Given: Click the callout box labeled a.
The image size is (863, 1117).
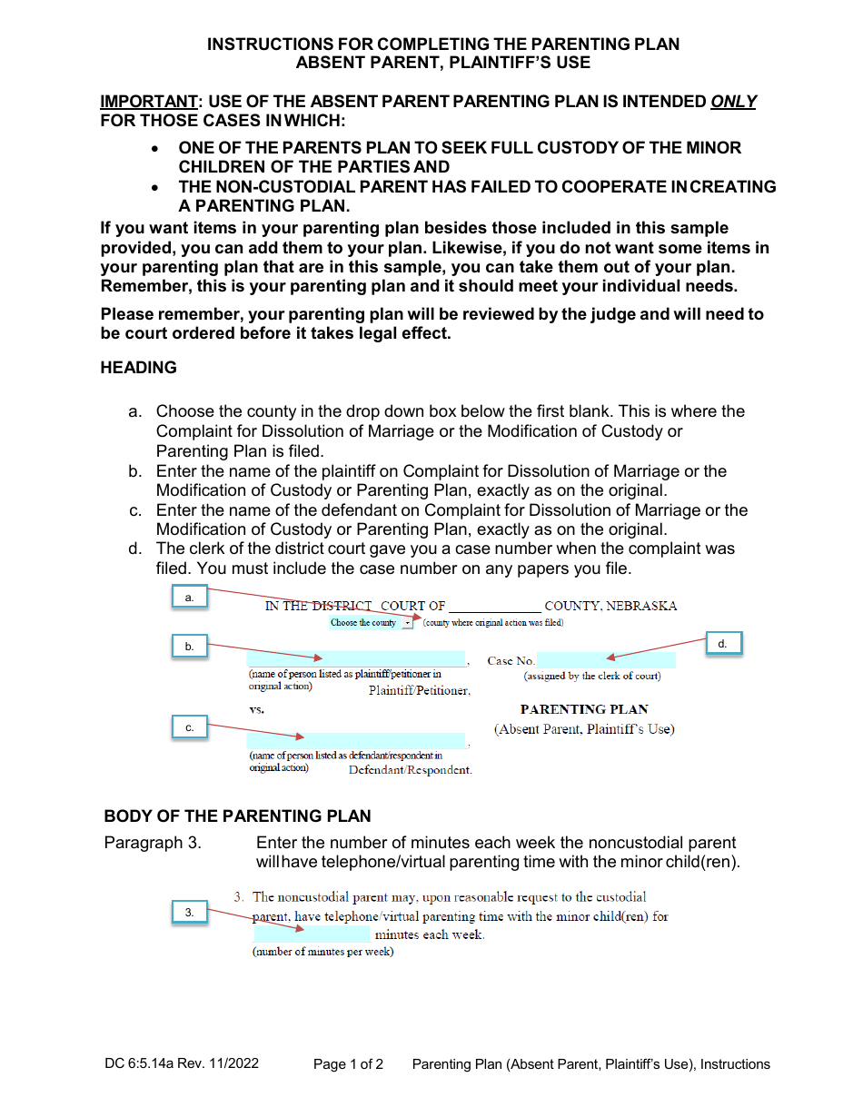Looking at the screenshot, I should point(190,598).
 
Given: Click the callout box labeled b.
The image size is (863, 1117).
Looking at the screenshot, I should point(190,646).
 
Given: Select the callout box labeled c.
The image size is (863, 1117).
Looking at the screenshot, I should point(190,727).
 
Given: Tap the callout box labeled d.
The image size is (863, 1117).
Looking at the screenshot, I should point(723,643).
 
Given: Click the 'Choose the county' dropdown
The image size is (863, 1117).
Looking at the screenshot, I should point(372,623).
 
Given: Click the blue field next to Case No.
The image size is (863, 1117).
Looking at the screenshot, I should point(606,660).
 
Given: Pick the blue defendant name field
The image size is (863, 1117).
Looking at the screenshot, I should point(356,741).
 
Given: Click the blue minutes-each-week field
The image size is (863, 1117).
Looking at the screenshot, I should point(312,934).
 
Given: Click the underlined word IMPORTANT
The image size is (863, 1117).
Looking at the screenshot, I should point(148,102).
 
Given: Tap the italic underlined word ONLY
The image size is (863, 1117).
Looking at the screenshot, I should point(733,102).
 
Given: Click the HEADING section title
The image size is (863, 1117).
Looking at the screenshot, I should point(138,368).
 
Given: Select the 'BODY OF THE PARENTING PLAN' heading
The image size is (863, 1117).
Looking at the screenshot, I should point(237,816).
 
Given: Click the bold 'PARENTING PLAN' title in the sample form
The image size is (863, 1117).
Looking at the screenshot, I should point(584,709).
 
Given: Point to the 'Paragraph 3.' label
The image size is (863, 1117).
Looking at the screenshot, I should point(153,843).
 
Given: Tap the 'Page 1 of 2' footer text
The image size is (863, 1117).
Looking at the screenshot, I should point(348,1064).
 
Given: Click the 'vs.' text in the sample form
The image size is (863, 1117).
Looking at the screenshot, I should point(257,709).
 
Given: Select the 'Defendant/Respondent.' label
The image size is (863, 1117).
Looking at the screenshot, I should point(411,770).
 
